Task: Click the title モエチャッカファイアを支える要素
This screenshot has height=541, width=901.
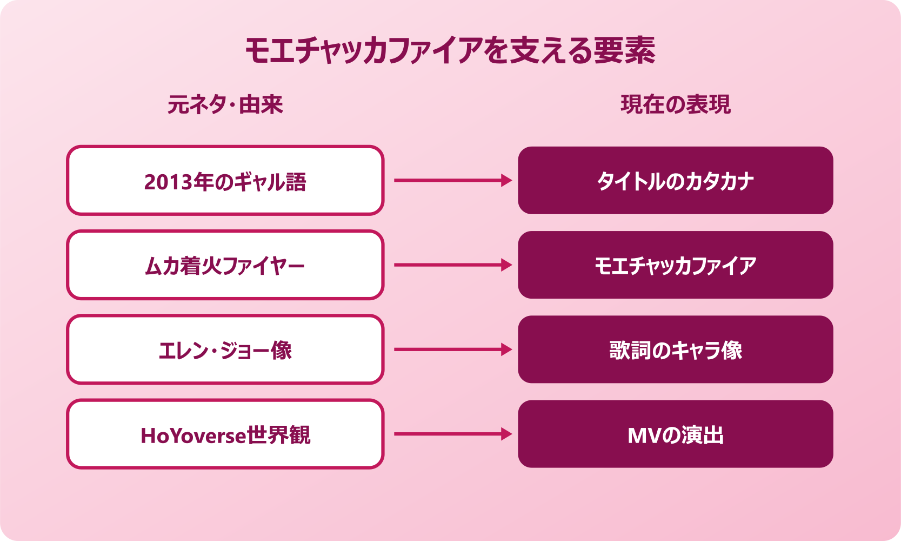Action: pos(450,51)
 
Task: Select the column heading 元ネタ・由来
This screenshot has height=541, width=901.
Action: pos(225,104)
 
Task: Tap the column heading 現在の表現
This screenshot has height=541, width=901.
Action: pos(675,104)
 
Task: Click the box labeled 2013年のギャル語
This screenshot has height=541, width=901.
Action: pos(225,181)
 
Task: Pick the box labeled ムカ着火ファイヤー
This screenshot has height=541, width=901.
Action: pos(225,265)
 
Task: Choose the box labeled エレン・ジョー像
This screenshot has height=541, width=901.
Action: pos(225,350)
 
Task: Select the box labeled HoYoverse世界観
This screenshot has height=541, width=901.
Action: pos(225,434)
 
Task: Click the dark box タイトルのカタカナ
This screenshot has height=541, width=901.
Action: pos(675,181)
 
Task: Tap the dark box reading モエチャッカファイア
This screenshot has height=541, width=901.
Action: pos(675,265)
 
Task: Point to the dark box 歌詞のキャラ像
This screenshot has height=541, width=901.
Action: pos(675,350)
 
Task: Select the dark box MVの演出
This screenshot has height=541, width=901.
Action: pos(675,434)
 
